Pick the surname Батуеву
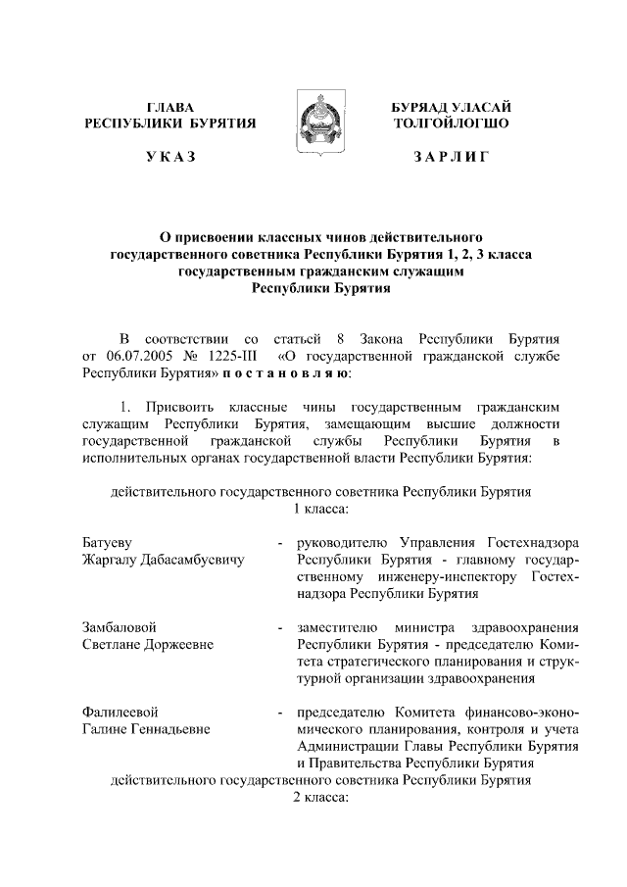point(107,542)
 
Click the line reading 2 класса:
point(321,799)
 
